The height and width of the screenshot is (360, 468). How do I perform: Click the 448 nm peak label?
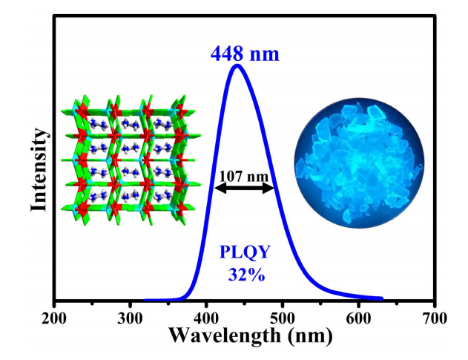(x=245, y=53)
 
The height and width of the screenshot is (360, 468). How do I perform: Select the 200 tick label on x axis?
(x=54, y=318)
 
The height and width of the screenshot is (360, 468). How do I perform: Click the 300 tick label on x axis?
(x=131, y=318)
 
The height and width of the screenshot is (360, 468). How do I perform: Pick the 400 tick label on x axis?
(x=207, y=318)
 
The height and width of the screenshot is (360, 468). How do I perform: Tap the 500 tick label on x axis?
(x=283, y=318)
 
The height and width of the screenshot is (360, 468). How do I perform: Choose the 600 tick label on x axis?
(x=359, y=318)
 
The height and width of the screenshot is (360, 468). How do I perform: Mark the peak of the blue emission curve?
(x=238, y=66)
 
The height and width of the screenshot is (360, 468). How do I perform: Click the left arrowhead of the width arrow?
(x=217, y=189)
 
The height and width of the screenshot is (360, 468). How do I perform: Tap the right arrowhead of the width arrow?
(x=274, y=189)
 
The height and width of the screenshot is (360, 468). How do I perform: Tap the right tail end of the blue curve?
(x=381, y=298)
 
